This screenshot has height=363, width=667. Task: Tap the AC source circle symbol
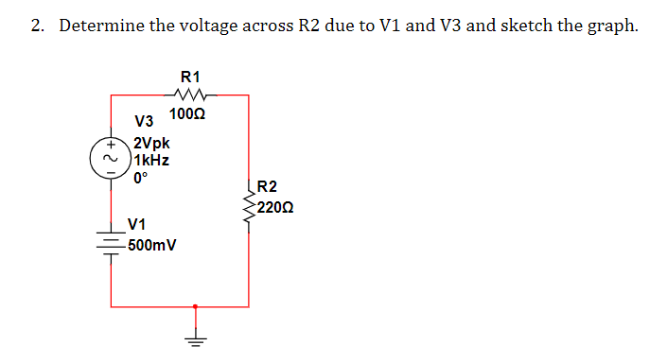111,158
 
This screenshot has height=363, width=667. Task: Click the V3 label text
144,123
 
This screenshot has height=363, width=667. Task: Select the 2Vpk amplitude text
151,144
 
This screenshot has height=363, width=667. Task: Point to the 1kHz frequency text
150,160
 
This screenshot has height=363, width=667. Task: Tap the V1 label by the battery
137,225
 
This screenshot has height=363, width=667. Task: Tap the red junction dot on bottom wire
196,306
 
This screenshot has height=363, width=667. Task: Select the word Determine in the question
100,26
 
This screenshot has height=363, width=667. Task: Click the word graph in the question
612,26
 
